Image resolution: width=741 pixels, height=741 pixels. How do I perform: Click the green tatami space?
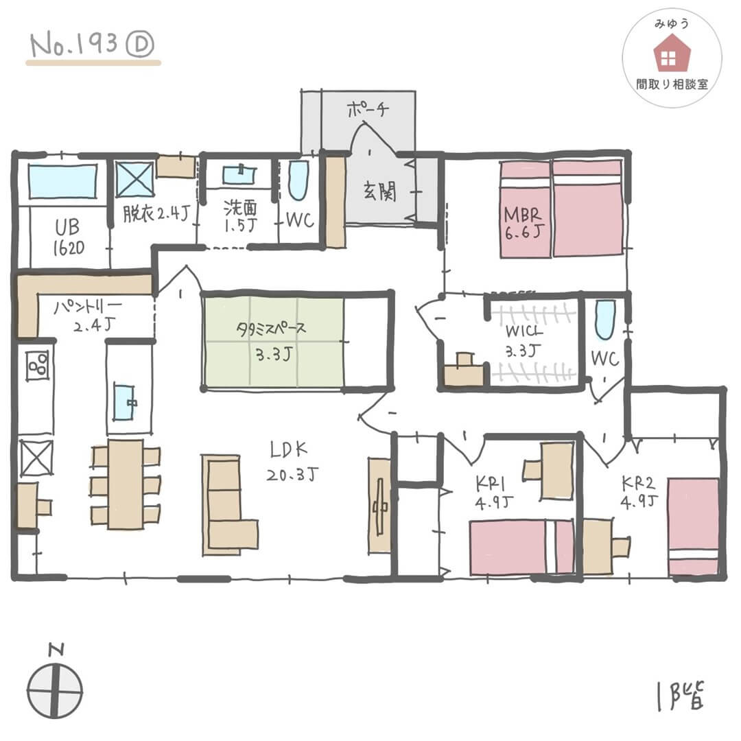272,341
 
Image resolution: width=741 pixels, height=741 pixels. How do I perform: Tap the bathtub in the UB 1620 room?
62,181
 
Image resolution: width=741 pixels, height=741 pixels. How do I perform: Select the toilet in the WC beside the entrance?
298,180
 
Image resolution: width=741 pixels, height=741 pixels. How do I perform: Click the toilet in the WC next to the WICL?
604,320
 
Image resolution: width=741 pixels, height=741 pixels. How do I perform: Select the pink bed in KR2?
694,526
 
